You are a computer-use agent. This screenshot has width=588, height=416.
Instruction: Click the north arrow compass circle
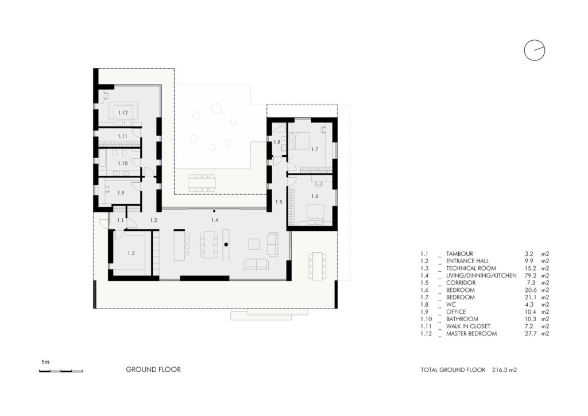click(x=534, y=51)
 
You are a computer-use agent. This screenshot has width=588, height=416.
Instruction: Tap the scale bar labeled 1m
click(x=60, y=371)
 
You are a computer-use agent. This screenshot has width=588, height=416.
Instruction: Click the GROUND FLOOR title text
click(x=153, y=369)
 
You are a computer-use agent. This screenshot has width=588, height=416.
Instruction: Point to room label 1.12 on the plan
click(x=123, y=113)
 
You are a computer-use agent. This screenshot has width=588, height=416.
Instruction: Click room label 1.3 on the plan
click(x=131, y=253)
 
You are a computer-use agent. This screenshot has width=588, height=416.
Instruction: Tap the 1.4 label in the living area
click(x=215, y=220)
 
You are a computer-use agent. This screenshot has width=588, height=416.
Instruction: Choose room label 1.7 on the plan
click(x=314, y=149)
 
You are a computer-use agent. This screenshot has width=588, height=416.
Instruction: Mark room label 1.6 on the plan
click(x=314, y=197)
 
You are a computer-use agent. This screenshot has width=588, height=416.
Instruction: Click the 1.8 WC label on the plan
click(x=277, y=142)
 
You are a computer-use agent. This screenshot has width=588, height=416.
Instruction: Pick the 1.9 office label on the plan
click(x=121, y=193)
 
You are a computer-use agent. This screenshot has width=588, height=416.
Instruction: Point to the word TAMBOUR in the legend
click(x=459, y=254)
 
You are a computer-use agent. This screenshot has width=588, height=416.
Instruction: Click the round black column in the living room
click(x=226, y=245)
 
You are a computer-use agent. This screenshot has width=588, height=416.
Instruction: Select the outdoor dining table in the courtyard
click(x=202, y=182)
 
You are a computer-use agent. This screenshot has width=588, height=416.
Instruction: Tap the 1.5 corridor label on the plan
click(x=278, y=202)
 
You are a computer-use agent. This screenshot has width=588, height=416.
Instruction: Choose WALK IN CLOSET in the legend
click(x=468, y=326)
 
